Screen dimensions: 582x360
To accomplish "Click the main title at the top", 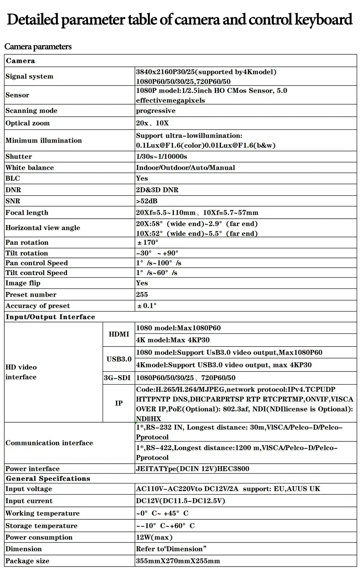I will pos(180,19).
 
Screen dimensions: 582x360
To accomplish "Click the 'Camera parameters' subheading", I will pos(38,46).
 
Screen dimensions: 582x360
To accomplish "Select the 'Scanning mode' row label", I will pos(31,110).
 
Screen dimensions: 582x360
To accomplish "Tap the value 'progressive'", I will pos(156,110).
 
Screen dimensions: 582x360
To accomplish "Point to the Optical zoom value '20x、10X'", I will pos(152,123).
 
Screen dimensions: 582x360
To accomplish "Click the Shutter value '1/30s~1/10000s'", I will pos(161,156).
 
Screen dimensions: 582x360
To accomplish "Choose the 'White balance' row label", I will pos(30,168).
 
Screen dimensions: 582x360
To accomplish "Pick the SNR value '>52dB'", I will pos(147,201).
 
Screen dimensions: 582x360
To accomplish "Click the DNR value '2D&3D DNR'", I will pos(157,190).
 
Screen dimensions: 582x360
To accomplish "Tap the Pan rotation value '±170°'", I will pos(148,242).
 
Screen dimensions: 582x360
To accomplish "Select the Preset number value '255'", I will pos(142,295).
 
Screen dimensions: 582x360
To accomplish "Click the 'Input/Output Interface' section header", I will pos(50,317).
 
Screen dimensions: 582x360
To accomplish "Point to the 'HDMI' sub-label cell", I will pos(119,334).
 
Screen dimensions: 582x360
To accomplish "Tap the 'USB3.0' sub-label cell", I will pos(119,359).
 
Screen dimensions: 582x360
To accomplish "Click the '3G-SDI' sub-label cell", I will pos(117,378).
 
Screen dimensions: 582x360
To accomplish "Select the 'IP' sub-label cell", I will pos(119,403).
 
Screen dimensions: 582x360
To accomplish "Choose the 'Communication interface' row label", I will pos(49,443).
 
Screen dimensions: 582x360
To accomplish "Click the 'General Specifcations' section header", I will pos(48,478).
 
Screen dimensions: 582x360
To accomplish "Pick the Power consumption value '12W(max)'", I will pos(154,537).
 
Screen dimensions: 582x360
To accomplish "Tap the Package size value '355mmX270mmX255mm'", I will pos(178,561).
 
